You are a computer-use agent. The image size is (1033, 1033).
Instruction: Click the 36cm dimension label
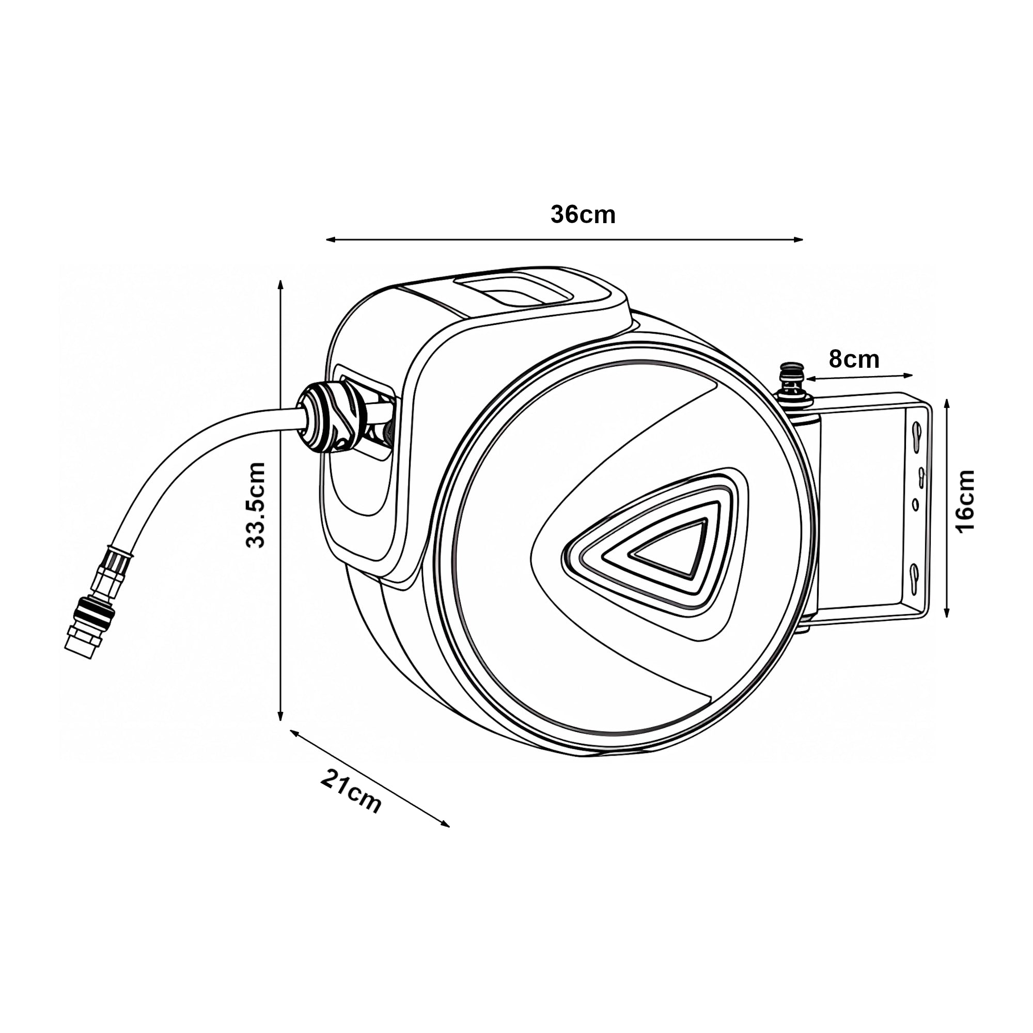pyautogui.click(x=583, y=215)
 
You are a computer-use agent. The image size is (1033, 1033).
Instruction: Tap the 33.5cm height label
pyautogui.click(x=256, y=505)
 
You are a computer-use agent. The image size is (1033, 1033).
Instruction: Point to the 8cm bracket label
pyautogui.click(x=854, y=359)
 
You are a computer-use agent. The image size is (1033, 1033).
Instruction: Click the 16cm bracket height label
pyautogui.click(x=966, y=501)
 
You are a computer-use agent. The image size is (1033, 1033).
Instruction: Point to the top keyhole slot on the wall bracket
pyautogui.click(x=916, y=429)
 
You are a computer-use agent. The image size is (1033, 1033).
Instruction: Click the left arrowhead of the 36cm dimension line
pyautogui.click(x=331, y=240)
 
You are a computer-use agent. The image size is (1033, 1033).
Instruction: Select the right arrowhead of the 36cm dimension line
pyautogui.click(x=799, y=240)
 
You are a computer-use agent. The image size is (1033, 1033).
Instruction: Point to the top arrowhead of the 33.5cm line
pyautogui.click(x=280, y=285)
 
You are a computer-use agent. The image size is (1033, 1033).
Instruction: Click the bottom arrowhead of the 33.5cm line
pyautogui.click(x=280, y=715)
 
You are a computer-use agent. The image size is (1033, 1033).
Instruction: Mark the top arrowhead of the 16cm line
pyautogui.click(x=947, y=404)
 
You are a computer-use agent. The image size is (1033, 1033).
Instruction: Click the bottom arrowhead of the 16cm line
pyautogui.click(x=947, y=613)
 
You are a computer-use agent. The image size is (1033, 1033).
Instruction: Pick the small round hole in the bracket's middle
pyautogui.click(x=915, y=504)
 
